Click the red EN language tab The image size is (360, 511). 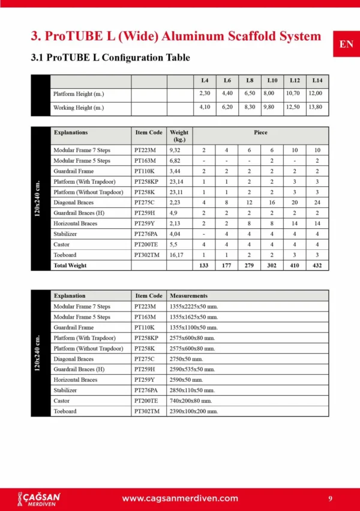[x=346, y=44]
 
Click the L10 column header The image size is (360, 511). [x=272, y=80]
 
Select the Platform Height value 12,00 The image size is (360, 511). [x=315, y=94]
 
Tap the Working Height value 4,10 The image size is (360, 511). [x=205, y=107]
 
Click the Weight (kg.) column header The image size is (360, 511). [x=179, y=136]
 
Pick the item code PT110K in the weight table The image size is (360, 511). [x=145, y=171]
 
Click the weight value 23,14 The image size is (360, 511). [x=176, y=181]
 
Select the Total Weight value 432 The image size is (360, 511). [x=317, y=265]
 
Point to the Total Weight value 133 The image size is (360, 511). [x=204, y=265]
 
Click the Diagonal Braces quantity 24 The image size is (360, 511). [x=317, y=202]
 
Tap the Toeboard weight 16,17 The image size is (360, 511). [x=176, y=255]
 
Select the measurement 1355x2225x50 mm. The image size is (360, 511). [x=194, y=306]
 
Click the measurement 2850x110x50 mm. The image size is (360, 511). [x=194, y=390]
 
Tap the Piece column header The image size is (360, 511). [x=260, y=133]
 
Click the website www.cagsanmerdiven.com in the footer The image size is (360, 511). [x=180, y=498]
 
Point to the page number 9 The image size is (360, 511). [x=331, y=498]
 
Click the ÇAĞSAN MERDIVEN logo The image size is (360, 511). [x=40, y=498]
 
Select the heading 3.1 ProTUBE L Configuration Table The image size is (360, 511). [x=110, y=58]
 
